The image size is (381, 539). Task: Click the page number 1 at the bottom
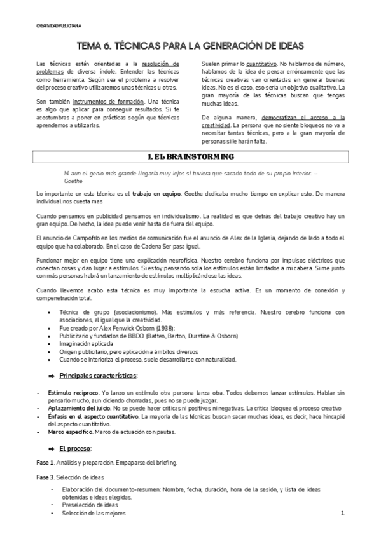tap(342, 513)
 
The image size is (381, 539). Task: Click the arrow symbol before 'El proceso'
tap(53, 449)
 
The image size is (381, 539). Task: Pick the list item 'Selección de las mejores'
tap(95, 513)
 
